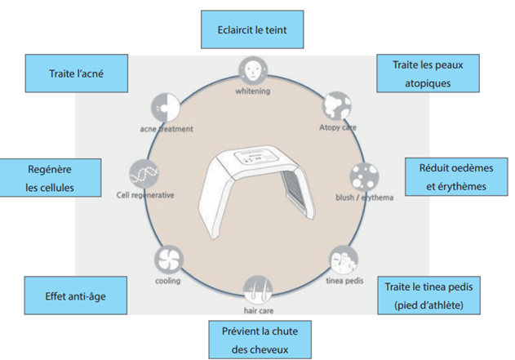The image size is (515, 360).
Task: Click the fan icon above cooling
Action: click(x=167, y=260)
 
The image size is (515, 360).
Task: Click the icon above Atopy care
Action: click(x=335, y=105)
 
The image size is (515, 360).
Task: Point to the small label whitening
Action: click(x=253, y=90)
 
